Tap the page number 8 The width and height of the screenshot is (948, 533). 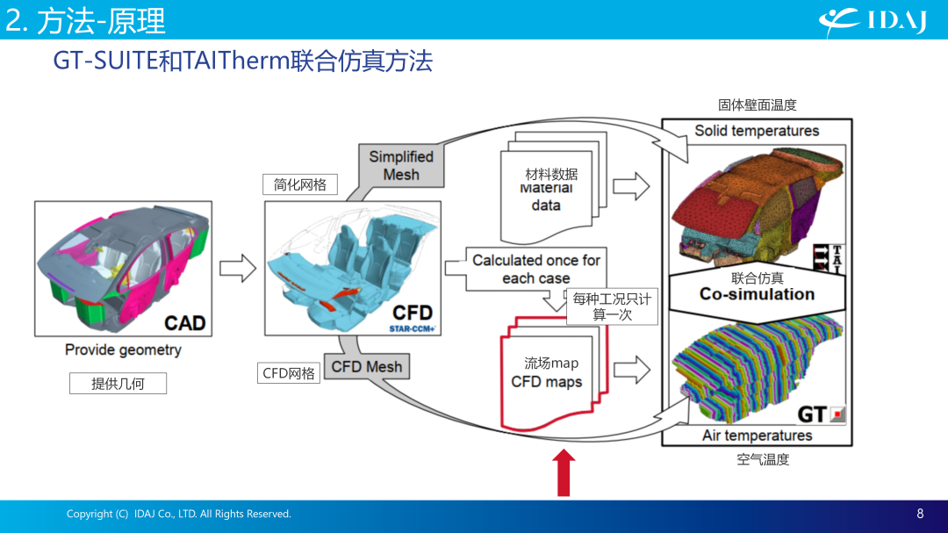(920, 514)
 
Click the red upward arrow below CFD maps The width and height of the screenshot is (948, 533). (564, 472)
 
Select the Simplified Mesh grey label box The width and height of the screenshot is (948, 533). (401, 166)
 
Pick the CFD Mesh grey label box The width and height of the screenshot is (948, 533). (367, 367)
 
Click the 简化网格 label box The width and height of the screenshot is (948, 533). (300, 184)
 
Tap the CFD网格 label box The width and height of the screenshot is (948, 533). (289, 373)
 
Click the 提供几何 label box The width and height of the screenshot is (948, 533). (118, 384)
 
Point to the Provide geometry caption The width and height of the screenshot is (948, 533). (124, 349)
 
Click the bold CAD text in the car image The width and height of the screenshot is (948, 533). (185, 323)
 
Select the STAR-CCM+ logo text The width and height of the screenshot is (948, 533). (413, 329)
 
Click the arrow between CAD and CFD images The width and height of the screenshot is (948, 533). (238, 268)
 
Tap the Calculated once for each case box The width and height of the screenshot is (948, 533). (536, 269)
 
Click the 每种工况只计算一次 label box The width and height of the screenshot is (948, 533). (612, 306)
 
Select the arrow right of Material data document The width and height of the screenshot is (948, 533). (631, 186)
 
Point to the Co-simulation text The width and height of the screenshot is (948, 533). (757, 294)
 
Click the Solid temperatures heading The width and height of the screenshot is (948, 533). (757, 131)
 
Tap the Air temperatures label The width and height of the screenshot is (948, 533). (757, 436)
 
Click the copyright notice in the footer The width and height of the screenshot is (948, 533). (179, 514)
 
